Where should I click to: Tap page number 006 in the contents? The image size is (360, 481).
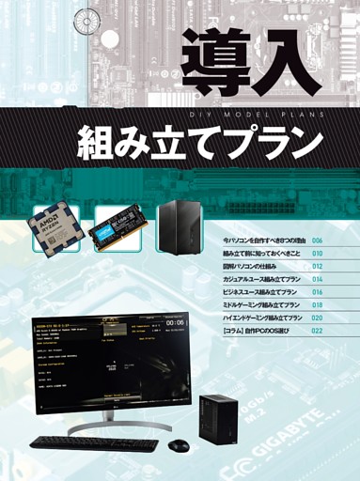point(318,241)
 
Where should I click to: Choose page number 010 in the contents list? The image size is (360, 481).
point(318,254)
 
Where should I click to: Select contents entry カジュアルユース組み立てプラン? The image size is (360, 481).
point(262,280)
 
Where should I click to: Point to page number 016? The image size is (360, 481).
point(318,292)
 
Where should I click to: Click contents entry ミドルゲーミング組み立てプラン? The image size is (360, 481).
point(262,305)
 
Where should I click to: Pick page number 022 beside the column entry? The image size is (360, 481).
point(318,331)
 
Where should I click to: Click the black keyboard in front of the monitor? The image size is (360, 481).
point(93,442)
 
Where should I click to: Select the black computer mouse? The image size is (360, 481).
point(179,444)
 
